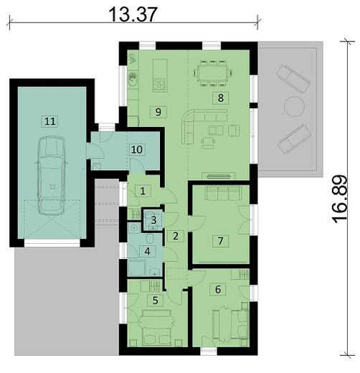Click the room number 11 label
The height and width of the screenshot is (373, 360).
click(x=49, y=121)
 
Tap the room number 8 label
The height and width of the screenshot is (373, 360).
click(x=221, y=97)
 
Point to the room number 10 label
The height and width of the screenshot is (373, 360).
click(x=136, y=149)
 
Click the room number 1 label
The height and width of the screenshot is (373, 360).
click(x=143, y=190)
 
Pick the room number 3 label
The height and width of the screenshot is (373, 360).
click(x=153, y=219)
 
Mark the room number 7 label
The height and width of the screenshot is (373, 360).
click(x=222, y=240)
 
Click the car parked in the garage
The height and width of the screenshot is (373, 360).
click(x=49, y=174)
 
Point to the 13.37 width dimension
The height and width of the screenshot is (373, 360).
click(x=133, y=13)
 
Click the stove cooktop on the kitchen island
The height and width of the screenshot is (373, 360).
click(x=159, y=85)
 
